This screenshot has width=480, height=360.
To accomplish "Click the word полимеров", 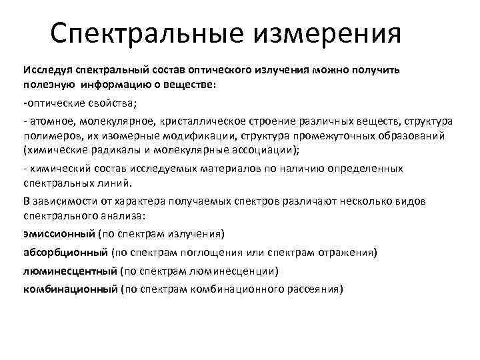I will coord(50,135).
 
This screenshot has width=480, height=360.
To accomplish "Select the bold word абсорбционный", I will coord(65,253).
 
